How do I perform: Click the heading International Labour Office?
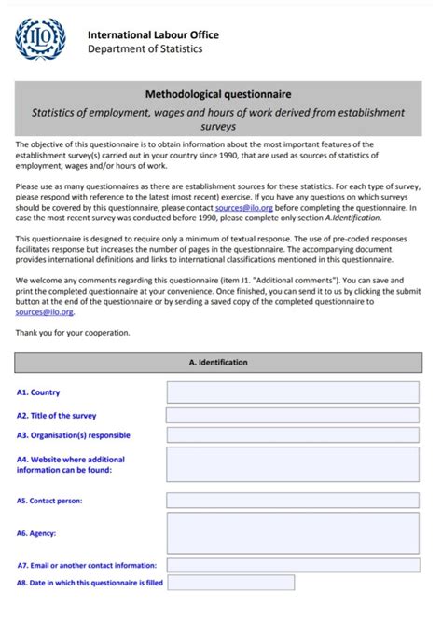(153, 34)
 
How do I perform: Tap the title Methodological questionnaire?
(218, 94)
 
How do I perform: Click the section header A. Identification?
(218, 362)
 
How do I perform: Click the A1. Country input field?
(293, 392)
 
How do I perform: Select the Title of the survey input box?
(293, 416)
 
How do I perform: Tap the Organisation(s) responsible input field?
(293, 434)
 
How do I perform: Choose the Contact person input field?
(293, 501)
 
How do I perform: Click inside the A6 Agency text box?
(293, 532)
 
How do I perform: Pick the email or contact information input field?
(293, 565)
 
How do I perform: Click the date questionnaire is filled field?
(230, 583)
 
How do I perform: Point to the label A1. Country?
(38, 393)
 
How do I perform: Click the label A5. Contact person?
(48, 501)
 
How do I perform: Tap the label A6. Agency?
(36, 533)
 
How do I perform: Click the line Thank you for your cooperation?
(73, 332)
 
